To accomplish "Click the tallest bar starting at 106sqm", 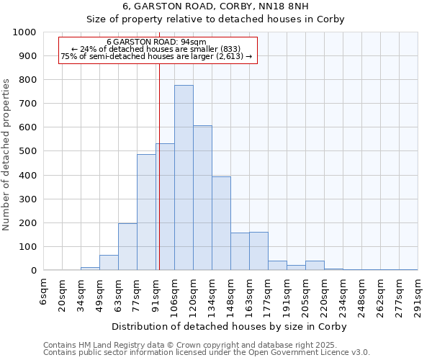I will (184, 178).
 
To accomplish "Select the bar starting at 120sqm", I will (202, 198).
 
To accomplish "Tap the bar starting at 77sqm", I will (146, 212).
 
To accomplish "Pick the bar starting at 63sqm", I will (127, 247).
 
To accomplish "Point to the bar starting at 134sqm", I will (221, 223).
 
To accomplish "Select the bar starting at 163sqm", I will (258, 251).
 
